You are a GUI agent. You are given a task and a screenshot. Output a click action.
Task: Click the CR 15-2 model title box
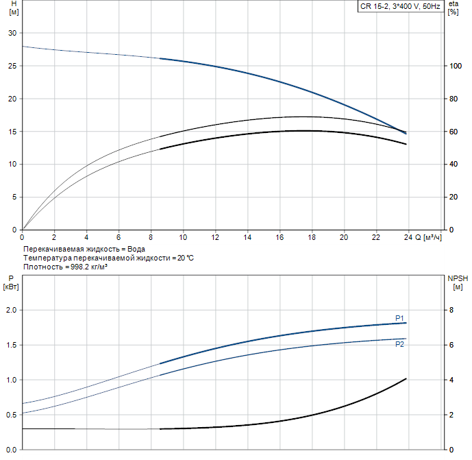400,6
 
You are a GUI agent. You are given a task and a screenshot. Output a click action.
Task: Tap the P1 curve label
399,317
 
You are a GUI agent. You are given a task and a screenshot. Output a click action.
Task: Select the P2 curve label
399,344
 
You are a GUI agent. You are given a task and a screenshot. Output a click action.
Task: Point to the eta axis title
453,4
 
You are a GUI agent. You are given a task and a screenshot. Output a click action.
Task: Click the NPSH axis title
458,278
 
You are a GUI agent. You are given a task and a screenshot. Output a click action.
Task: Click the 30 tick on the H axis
12,34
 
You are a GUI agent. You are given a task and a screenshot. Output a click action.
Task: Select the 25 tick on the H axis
12,66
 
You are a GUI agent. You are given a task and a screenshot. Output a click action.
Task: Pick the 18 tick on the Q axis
312,238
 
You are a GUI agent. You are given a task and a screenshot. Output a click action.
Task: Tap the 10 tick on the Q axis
183,238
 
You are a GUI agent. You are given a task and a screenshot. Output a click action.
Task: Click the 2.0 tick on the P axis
10,311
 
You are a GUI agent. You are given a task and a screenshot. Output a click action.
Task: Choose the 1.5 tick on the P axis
10,346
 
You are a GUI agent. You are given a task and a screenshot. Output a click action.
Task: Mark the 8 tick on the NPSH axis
451,311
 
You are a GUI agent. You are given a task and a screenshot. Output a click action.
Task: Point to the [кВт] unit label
12,287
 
